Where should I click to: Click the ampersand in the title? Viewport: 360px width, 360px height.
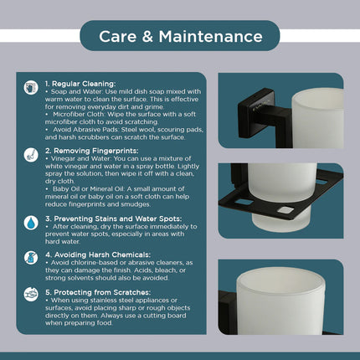click(147, 37)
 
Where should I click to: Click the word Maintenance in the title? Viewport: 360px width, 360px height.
click(211, 37)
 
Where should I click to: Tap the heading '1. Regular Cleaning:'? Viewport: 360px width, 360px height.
click(80, 84)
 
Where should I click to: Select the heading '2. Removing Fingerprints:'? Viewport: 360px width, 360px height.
click(91, 151)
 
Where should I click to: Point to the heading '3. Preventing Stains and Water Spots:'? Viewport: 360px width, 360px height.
click(113, 219)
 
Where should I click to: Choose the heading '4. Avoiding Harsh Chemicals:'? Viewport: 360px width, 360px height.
click(98, 255)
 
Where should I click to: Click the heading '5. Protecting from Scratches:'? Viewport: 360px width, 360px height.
click(98, 292)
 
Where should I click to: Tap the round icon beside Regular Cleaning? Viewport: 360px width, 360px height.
click(31, 87)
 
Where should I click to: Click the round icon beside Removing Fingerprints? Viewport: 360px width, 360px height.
click(31, 155)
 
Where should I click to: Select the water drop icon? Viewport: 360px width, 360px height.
click(31, 223)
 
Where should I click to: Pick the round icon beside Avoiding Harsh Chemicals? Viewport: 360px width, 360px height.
click(31, 258)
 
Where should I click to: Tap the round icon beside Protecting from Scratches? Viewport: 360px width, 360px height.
click(31, 294)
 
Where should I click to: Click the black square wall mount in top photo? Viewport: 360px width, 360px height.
click(256, 113)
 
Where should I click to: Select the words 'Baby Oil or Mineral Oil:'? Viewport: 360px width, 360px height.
click(87, 189)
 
